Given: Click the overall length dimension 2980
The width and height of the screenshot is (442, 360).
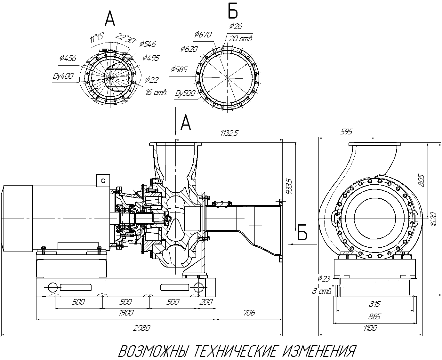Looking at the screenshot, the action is [x=141, y=328].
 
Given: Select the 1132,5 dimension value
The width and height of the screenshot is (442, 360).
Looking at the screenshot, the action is [x=229, y=133].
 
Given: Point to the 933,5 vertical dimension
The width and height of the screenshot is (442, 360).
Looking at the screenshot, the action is [x=289, y=186].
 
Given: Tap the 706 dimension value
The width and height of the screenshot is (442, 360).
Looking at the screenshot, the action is [x=249, y=313].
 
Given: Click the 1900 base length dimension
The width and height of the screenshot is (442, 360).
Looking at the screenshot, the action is [x=126, y=313].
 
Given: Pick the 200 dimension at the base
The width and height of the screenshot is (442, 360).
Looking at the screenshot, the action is [x=206, y=302].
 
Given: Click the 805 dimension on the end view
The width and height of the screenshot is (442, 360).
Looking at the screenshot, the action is [x=422, y=181].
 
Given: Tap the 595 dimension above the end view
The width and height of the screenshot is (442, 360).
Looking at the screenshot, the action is [x=346, y=132].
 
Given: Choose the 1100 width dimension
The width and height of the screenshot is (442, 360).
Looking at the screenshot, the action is [x=370, y=328].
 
